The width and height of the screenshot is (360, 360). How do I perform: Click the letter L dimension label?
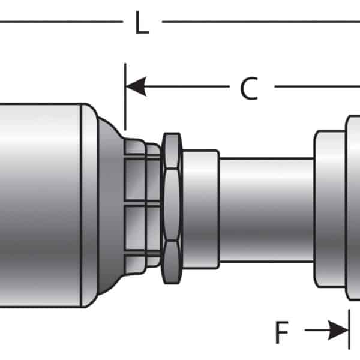(142, 22)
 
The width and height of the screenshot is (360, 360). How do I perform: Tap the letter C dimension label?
(250, 88)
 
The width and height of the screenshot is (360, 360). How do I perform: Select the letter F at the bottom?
(282, 332)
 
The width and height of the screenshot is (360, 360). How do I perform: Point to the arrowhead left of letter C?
(136, 86)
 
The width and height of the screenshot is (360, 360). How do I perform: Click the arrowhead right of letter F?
(338, 330)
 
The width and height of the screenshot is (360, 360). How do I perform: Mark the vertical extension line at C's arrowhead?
(125, 97)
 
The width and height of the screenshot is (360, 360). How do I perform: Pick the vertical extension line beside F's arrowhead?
(349, 329)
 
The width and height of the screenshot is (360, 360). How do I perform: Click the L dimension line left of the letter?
(61, 22)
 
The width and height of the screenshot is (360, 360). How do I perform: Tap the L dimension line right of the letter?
(261, 22)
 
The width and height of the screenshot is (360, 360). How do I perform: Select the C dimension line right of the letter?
(317, 86)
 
